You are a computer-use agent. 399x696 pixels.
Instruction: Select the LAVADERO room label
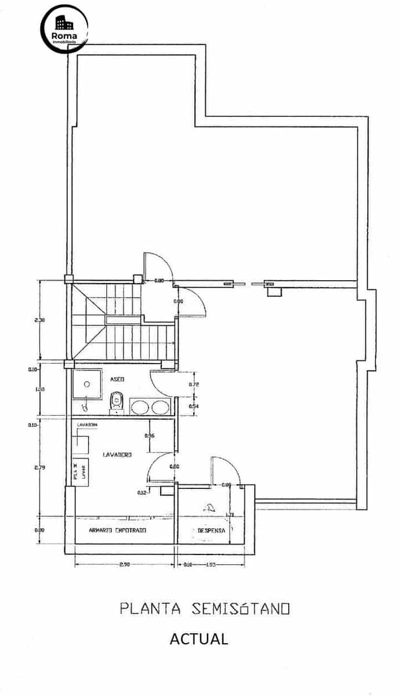pos(117,455)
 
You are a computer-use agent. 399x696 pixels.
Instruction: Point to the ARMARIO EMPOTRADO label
pos(117,530)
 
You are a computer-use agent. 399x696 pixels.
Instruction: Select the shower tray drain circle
pos(88,383)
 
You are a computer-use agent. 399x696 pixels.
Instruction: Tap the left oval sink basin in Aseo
pos(139,407)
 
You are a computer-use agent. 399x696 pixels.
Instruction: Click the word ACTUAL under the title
pos(199,639)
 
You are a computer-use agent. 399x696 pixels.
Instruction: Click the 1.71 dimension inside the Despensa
pos(231,514)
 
